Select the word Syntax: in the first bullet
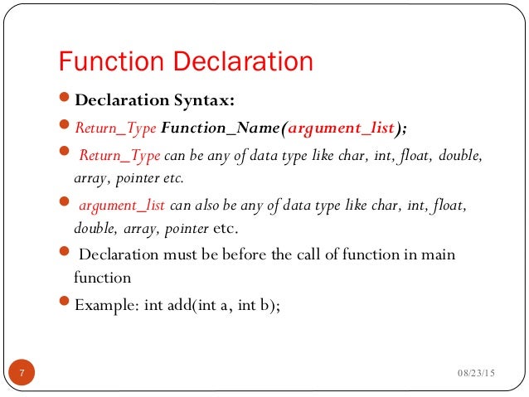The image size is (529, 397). (205, 102)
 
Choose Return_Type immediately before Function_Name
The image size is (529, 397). (116, 128)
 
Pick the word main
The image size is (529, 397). (439, 254)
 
